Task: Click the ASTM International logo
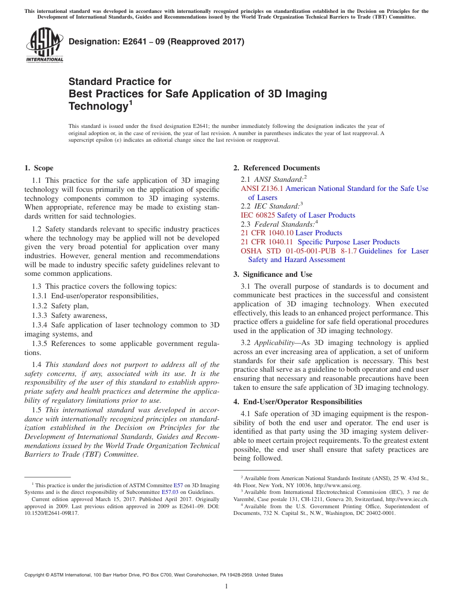44,45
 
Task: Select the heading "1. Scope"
39,168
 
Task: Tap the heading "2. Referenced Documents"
277,168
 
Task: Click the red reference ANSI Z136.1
262,188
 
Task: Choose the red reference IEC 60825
258,215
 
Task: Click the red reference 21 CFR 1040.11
267,242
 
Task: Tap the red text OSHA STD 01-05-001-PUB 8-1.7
299,251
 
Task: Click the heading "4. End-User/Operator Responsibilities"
298,402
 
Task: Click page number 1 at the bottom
226,586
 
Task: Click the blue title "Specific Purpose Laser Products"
349,242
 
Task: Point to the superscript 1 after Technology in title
130,102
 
